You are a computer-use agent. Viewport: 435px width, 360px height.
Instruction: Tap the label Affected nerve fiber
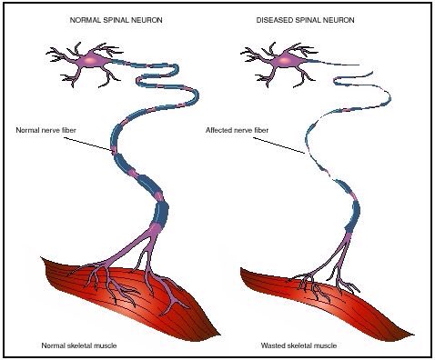pos(236,130)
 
